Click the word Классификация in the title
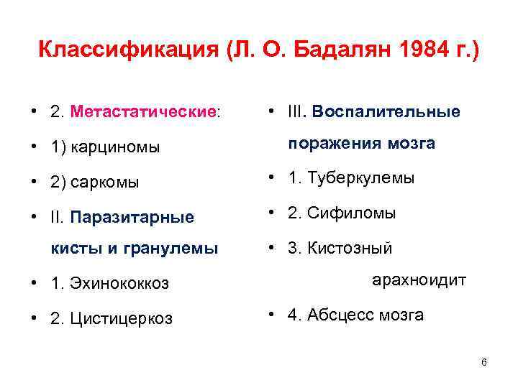pos(126,51)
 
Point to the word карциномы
pos(113,147)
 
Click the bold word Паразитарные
pos(132,216)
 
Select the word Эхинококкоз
pos(119,284)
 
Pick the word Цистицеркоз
pos(122,318)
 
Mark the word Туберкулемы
pos(360,178)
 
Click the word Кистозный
pos(350,249)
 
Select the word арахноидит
pos(419,280)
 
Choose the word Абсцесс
pos(336,315)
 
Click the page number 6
pos(483,362)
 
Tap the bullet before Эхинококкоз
pos(34,284)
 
